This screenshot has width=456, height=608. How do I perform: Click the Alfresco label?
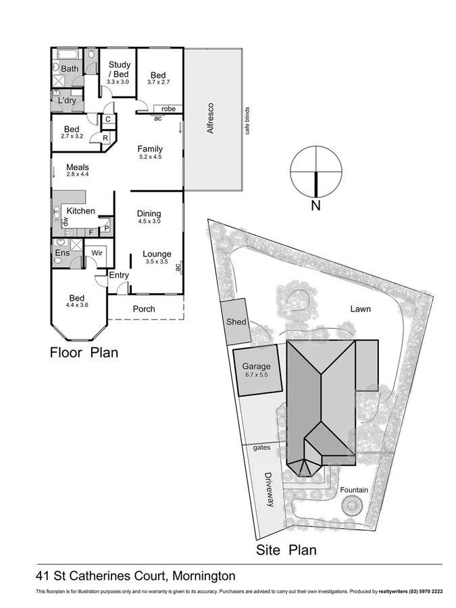[210, 118]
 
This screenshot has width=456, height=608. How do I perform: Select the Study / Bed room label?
[119, 70]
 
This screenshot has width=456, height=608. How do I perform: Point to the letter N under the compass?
[315, 206]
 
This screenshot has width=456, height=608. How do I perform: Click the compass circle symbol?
[315, 170]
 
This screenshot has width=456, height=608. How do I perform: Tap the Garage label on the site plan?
[256, 367]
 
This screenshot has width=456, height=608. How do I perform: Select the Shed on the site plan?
[236, 322]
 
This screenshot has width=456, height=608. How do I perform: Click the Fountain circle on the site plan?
[353, 505]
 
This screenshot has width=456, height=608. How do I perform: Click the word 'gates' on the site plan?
[261, 448]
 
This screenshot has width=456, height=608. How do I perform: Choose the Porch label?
[144, 309]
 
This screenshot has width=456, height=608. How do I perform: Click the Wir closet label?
[96, 253]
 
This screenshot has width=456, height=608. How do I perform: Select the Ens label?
[62, 253]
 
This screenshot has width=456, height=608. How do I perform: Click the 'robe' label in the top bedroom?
[168, 109]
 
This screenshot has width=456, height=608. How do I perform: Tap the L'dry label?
[67, 100]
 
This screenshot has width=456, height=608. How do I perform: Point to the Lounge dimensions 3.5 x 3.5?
[157, 261]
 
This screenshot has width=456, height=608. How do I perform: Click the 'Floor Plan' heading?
[84, 352]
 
